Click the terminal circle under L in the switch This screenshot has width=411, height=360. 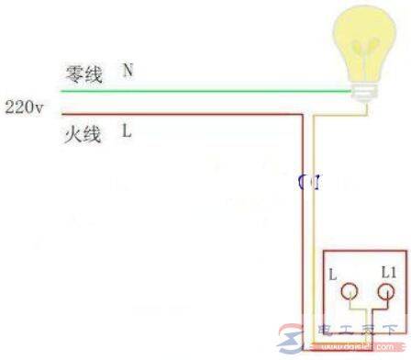tap(349, 294)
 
